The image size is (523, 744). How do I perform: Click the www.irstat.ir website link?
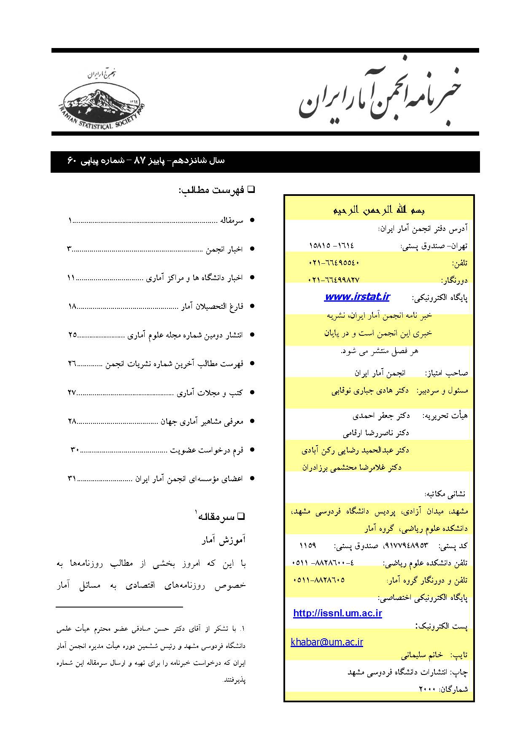[357, 297]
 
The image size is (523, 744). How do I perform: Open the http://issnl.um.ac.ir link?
[337, 613]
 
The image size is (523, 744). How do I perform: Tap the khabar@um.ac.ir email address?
[327, 642]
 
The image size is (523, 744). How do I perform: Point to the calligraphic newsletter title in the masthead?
[380, 98]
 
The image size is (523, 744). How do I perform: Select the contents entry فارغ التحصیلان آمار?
[212, 306]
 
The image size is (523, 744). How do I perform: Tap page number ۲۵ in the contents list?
[72, 335]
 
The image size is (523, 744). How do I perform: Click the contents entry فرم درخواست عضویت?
[207, 450]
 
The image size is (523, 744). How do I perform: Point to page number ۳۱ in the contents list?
[71, 479]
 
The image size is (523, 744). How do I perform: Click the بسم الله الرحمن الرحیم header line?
[379, 210]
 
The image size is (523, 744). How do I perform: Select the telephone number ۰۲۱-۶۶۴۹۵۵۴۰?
[334, 263]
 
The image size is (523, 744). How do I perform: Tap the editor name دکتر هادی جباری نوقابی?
[370, 391]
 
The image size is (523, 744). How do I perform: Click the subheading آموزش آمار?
[223, 541]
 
